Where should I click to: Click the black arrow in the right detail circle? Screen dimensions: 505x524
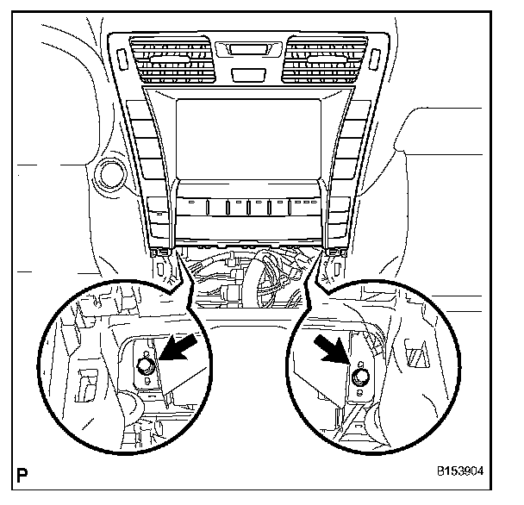coord(334,354)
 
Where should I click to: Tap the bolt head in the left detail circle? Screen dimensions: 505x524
coord(147,368)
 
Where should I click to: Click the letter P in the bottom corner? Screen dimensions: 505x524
coord(23,472)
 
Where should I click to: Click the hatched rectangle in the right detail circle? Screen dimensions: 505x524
coord(415,353)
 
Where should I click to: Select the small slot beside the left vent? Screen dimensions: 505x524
coord(121,58)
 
